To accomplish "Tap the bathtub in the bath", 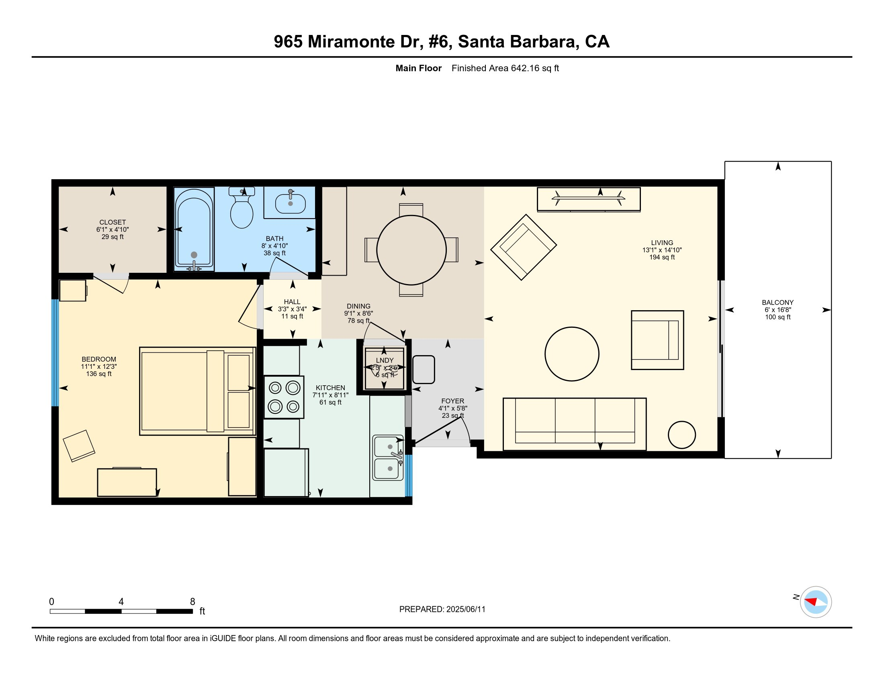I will [194, 229].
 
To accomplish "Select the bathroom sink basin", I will [290, 204].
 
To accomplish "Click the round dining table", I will [411, 250].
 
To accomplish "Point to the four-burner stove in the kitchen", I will [284, 397].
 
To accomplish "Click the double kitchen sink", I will [387, 458].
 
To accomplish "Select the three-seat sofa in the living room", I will [574, 423].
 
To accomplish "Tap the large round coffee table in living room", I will [571, 354].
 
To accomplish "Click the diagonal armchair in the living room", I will [523, 247].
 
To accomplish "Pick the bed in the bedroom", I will [197, 391].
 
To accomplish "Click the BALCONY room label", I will [777, 302].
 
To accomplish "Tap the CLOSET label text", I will [113, 222].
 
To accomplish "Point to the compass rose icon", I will [815, 602].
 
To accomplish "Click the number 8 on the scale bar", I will [192, 602].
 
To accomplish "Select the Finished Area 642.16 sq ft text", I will [505, 68].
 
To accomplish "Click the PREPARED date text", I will [442, 609].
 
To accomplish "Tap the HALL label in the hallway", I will [292, 302].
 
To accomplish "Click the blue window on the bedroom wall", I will [55, 352].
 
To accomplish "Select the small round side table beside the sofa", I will [681, 435].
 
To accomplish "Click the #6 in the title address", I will [439, 42].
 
